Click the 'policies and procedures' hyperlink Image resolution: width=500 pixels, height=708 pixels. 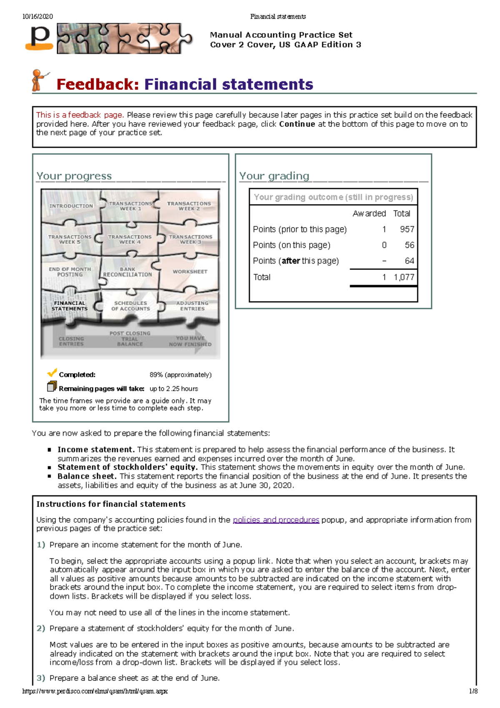point(276,520)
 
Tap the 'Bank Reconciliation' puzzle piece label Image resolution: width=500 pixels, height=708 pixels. point(127,272)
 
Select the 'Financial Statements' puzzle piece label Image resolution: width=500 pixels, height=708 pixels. point(70,306)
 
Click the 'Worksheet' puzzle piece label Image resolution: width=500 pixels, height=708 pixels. point(190,272)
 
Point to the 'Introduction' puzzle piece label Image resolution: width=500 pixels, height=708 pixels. point(71,206)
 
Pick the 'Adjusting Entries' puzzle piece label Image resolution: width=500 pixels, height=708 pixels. point(192,306)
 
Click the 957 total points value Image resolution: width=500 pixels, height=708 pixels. point(407,229)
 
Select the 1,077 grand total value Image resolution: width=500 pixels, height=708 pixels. point(403,277)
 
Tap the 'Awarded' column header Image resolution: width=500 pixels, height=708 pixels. point(369,214)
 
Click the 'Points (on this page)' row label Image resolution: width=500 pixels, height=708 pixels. point(291,245)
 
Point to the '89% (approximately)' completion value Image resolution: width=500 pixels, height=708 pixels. point(180,375)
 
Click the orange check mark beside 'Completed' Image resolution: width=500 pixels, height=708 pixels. point(52,373)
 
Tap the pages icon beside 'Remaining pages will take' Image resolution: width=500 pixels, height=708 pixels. point(52,387)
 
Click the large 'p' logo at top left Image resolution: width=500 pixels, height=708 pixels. point(40,38)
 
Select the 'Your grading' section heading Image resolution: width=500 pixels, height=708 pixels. point(274,176)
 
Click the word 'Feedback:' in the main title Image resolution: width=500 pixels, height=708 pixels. point(97,85)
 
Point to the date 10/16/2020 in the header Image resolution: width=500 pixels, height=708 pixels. point(37,17)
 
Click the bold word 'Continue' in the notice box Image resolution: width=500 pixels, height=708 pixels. point(297,124)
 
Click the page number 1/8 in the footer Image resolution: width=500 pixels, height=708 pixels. point(473,691)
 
